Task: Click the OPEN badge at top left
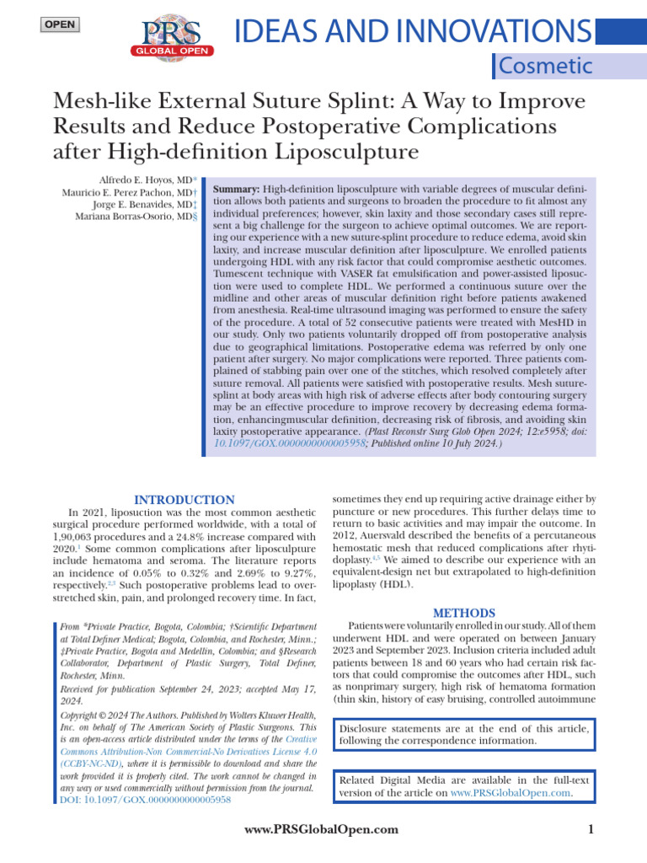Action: click(59, 24)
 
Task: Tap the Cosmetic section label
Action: click(545, 66)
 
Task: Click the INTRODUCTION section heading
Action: click(184, 500)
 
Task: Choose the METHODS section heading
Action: click(463, 613)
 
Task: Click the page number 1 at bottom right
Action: click(591, 830)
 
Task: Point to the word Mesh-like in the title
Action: click(110, 101)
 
